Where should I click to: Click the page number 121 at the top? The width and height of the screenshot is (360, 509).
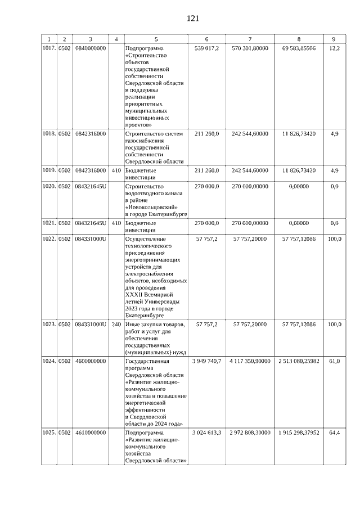(193, 18)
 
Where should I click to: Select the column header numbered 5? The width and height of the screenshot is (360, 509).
(156, 39)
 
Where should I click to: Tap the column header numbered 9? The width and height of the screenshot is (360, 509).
(334, 39)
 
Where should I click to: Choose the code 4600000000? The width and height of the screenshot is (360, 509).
(91, 361)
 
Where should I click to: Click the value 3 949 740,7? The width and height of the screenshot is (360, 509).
(207, 361)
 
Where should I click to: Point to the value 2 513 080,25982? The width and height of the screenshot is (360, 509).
(299, 361)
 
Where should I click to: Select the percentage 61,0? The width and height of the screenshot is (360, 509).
(334, 361)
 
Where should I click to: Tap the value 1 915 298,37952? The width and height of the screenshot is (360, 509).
(299, 433)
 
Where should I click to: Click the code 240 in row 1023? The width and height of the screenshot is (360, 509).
(116, 325)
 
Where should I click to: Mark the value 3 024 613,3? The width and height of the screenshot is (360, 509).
(207, 433)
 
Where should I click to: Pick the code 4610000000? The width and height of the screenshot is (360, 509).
(91, 433)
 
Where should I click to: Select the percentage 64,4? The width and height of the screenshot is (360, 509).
(334, 433)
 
